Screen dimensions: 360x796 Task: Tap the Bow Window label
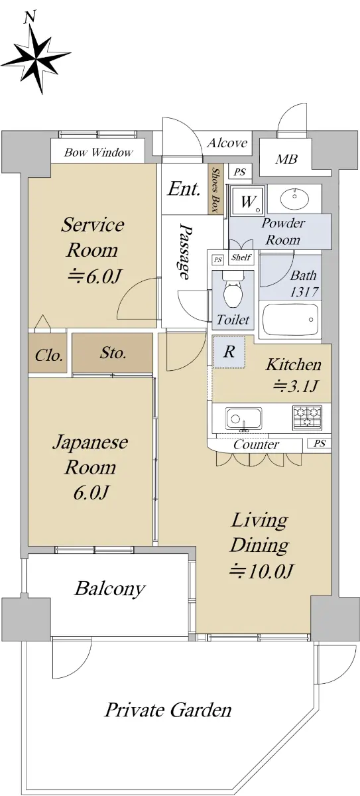point(98,153)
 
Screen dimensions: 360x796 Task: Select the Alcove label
point(227,143)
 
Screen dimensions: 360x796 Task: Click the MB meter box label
point(286,159)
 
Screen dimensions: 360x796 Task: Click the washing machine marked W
point(247,200)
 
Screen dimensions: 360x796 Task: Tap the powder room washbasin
point(294,199)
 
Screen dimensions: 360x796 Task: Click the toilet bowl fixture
point(233,289)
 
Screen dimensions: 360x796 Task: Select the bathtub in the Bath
point(290,320)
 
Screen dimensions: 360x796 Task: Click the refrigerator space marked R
point(229,352)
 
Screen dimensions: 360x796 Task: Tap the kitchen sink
point(243,419)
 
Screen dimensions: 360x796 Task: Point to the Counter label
point(256,444)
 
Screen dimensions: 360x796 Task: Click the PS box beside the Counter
point(319,444)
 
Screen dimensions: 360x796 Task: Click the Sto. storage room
point(113,353)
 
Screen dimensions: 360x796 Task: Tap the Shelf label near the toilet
point(241,257)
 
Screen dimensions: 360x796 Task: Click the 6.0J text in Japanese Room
point(90,492)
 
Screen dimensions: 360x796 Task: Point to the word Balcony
point(109,588)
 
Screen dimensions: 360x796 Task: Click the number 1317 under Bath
point(304,292)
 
